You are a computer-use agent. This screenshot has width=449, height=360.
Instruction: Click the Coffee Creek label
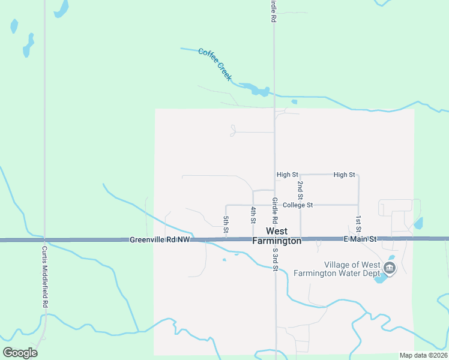(x=215, y=64)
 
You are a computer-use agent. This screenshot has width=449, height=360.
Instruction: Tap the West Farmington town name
(x=276, y=236)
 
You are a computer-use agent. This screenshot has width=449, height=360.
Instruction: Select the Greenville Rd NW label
(x=160, y=240)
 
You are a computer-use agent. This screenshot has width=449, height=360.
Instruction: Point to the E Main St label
(x=360, y=239)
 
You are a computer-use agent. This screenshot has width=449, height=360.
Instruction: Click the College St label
(x=298, y=205)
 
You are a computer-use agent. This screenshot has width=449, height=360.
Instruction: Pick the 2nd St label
(x=300, y=190)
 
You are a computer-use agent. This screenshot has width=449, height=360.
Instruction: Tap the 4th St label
(x=253, y=215)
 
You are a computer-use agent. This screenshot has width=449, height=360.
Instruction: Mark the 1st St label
(x=358, y=224)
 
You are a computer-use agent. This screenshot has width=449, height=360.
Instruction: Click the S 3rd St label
(x=275, y=259)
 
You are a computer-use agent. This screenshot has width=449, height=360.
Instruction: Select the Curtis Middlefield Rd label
(x=45, y=276)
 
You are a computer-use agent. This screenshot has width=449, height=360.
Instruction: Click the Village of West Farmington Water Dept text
(x=352, y=269)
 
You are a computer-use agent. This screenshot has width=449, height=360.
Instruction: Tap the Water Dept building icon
(x=390, y=268)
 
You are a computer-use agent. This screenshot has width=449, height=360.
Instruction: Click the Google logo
(x=20, y=353)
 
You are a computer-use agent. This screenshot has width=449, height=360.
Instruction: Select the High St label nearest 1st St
(x=344, y=175)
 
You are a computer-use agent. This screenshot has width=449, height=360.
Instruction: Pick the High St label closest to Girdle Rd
(x=287, y=175)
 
